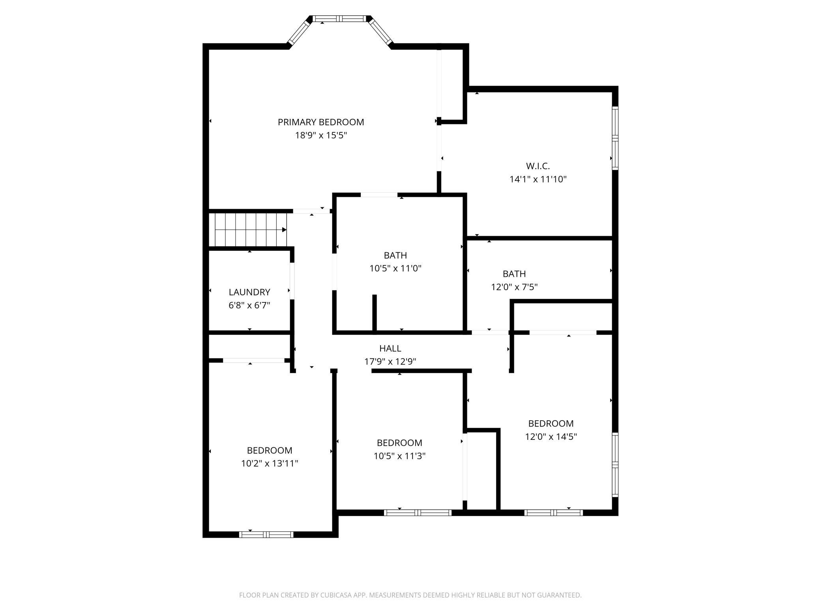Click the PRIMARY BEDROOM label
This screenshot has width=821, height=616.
pyautogui.click(x=321, y=122)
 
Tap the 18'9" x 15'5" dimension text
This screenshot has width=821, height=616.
pyautogui.click(x=321, y=135)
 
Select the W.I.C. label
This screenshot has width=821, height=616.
pyautogui.click(x=538, y=166)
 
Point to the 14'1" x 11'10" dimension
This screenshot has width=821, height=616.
pyautogui.click(x=538, y=179)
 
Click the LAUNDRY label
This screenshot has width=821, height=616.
pyautogui.click(x=249, y=292)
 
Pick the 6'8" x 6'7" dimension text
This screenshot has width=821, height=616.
pyautogui.click(x=249, y=305)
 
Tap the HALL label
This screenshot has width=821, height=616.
pyautogui.click(x=390, y=348)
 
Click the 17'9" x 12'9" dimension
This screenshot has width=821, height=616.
pyautogui.click(x=390, y=361)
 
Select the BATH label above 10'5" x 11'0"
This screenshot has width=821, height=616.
pyautogui.click(x=396, y=255)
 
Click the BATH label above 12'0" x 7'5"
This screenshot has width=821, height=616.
pyautogui.click(x=514, y=274)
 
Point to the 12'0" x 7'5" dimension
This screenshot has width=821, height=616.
pyautogui.click(x=514, y=287)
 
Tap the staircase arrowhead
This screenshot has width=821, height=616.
pyautogui.click(x=284, y=230)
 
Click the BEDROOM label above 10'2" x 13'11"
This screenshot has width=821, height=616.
pyautogui.click(x=270, y=450)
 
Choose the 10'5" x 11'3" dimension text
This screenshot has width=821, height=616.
pyautogui.click(x=399, y=456)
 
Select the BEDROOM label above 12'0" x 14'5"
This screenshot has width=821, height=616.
pyautogui.click(x=551, y=423)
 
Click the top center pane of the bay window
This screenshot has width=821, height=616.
pyautogui.click(x=340, y=18)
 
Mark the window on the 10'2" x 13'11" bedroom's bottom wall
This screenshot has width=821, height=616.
pyautogui.click(x=266, y=535)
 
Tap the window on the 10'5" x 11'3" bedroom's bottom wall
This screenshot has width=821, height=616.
pyautogui.click(x=418, y=513)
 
